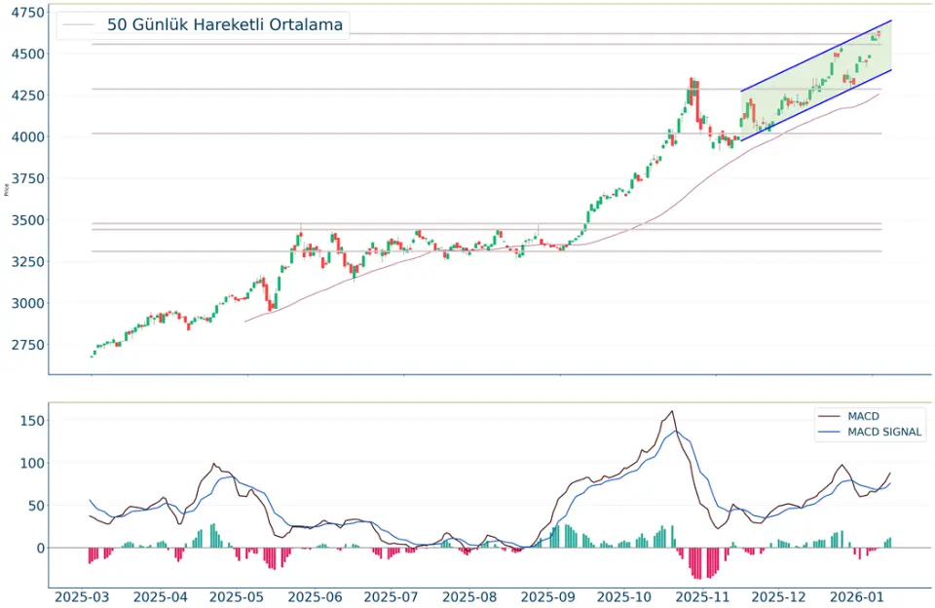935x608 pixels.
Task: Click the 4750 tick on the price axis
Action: point(25,13)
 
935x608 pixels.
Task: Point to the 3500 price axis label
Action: point(25,220)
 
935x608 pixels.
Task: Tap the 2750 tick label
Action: point(25,345)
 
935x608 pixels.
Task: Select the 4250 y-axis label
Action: point(25,95)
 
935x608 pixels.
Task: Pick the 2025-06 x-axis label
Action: point(316,595)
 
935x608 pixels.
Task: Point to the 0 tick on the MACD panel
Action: point(40,548)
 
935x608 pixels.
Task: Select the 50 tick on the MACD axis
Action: point(35,505)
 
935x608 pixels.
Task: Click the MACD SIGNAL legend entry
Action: point(884,432)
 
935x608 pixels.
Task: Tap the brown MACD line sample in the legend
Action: point(830,416)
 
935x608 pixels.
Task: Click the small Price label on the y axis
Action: point(8,188)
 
